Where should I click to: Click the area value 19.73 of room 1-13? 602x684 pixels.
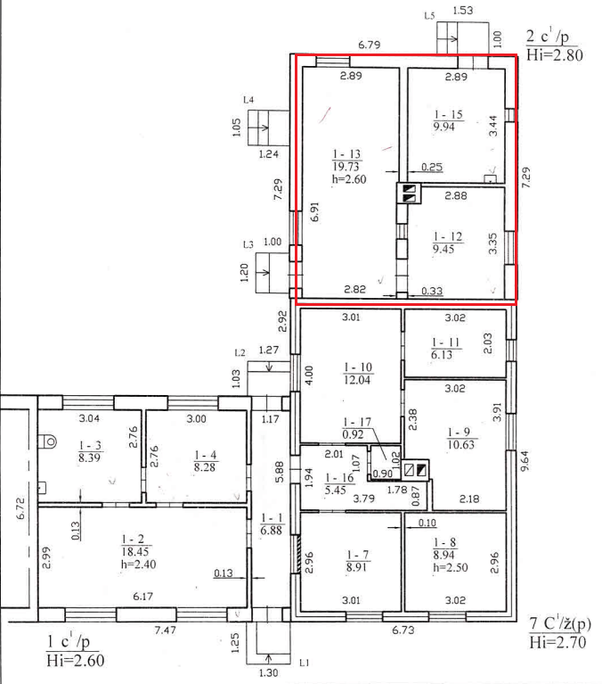click(346, 167)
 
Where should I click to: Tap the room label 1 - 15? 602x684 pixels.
click(448, 115)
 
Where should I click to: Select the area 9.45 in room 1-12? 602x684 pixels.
click(443, 249)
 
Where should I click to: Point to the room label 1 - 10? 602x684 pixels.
click(358, 367)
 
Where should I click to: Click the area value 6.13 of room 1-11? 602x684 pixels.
click(442, 355)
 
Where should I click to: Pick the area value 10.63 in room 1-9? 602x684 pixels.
click(461, 444)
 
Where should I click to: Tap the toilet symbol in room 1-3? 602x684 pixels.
click(47, 441)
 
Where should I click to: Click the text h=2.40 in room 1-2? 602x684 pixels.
click(139, 565)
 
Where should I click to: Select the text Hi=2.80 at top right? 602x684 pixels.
click(555, 55)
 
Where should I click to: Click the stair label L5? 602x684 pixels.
click(429, 16)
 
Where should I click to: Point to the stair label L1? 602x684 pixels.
click(305, 663)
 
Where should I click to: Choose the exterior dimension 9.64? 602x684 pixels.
click(525, 461)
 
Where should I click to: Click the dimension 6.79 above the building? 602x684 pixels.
click(370, 45)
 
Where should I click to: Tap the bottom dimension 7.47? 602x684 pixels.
click(166, 630)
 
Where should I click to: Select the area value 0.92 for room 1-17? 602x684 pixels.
click(353, 434)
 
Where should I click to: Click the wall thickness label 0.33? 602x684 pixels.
click(432, 291)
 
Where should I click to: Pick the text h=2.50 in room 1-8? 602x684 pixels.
click(451, 567)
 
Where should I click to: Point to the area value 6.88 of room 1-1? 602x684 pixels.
click(272, 531)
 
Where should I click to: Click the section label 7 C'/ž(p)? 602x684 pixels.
click(560, 623)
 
